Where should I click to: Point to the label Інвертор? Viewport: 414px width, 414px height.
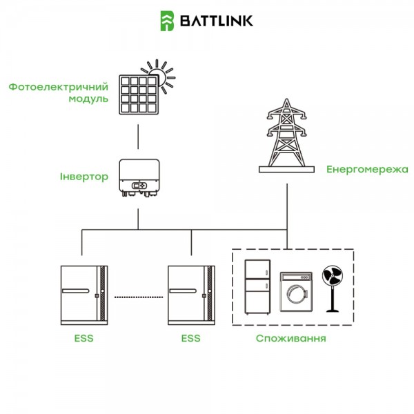point(83,177)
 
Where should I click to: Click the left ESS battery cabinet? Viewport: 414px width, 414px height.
point(82,296)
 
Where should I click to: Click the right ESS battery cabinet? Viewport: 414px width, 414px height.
point(190,296)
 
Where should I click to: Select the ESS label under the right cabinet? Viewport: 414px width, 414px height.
point(190,339)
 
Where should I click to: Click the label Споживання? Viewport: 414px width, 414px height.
point(290,339)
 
